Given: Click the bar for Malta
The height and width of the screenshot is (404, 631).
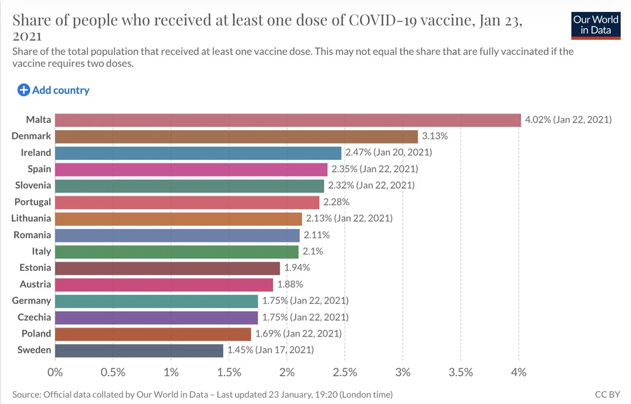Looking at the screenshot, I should click(x=288, y=120).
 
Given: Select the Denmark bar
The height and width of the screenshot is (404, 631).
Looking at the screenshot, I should click(x=237, y=136).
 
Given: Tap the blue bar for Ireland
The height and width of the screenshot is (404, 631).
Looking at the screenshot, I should click(x=198, y=153).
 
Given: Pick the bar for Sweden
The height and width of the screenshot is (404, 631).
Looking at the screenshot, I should click(x=139, y=350).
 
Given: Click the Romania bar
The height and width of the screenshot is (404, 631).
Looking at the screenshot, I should click(x=177, y=235).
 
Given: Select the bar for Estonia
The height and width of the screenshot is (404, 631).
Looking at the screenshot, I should click(x=167, y=268).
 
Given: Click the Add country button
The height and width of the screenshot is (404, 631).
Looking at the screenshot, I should click(x=54, y=90).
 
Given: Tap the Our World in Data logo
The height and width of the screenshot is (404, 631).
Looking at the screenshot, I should click(x=596, y=25).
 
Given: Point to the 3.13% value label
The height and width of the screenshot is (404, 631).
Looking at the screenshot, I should click(x=435, y=136).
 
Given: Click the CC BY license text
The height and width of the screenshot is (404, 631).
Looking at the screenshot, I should click(x=607, y=395).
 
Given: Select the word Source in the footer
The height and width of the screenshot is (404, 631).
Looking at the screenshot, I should click(x=26, y=395).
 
